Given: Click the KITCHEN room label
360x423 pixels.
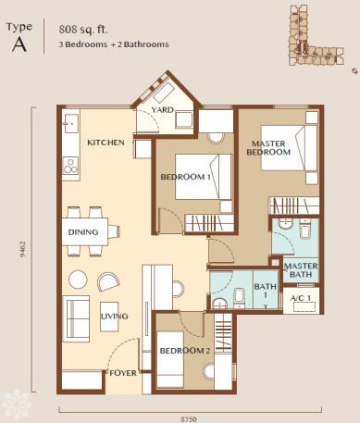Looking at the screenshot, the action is coord(106,143).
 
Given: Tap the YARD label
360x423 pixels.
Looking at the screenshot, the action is coord(162,110).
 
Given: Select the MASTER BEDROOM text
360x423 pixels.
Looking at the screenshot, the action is coord(268,148).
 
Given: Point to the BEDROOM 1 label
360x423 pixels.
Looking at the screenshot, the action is coord(186,177).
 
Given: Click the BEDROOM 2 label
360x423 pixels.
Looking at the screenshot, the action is coord(185,351).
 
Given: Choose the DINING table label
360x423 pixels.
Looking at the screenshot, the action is coord(83,232).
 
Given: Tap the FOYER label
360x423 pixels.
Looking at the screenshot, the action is coord(123,373).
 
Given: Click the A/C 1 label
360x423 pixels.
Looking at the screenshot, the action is coord(301,298).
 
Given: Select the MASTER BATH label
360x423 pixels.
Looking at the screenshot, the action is coord(301,270).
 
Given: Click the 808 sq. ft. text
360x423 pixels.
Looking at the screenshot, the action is coord(83,30).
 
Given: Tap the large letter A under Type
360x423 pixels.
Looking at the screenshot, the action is coord(19,45).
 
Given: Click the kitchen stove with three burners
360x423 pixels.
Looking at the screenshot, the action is coord(70,166).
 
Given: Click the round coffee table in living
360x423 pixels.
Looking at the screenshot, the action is coord(78,280).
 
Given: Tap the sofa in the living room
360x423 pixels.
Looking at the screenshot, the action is coord(76,318).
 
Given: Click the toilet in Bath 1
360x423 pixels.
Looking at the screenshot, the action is coord(239,298).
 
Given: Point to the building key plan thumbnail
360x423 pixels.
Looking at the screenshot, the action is coord(316,35).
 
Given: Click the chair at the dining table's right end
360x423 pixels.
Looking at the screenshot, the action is coord(114,231).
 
